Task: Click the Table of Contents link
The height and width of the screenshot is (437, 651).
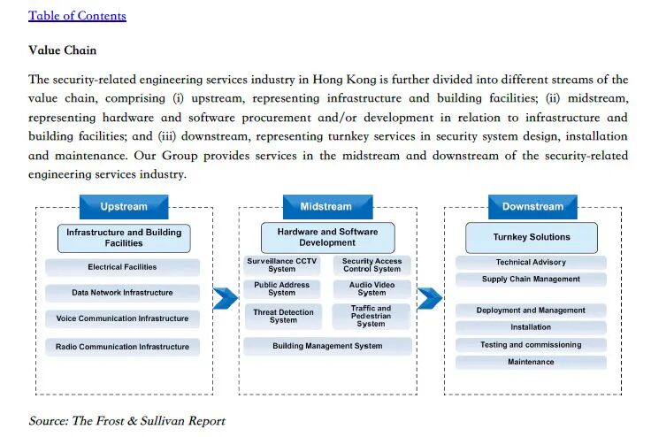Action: [77, 16]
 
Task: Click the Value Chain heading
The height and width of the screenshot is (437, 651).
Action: [62, 50]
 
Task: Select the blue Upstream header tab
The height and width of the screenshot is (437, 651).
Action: [124, 207]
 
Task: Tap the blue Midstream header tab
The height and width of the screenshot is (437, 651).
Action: [325, 207]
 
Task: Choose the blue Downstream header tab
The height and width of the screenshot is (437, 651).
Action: [532, 207]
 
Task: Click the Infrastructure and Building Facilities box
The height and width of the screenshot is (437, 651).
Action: [124, 238]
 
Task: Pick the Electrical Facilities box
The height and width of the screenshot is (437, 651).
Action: [122, 267]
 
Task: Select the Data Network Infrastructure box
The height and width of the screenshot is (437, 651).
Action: [122, 293]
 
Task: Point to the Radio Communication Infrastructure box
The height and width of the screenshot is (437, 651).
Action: [122, 347]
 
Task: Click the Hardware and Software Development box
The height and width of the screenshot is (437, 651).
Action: [326, 237]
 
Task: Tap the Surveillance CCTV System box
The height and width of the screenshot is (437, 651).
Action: [281, 265]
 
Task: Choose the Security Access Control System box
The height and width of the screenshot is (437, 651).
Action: [371, 265]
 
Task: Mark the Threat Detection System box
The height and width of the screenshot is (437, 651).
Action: [283, 317]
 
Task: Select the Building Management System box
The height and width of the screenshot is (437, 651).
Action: [326, 347]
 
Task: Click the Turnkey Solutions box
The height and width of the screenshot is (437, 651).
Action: [532, 237]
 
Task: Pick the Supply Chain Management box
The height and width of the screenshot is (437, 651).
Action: [531, 280]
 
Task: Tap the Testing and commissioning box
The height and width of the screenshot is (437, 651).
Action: [531, 345]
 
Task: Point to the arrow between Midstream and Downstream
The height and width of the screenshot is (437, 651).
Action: [429, 298]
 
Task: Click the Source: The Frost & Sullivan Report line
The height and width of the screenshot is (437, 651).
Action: [126, 421]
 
